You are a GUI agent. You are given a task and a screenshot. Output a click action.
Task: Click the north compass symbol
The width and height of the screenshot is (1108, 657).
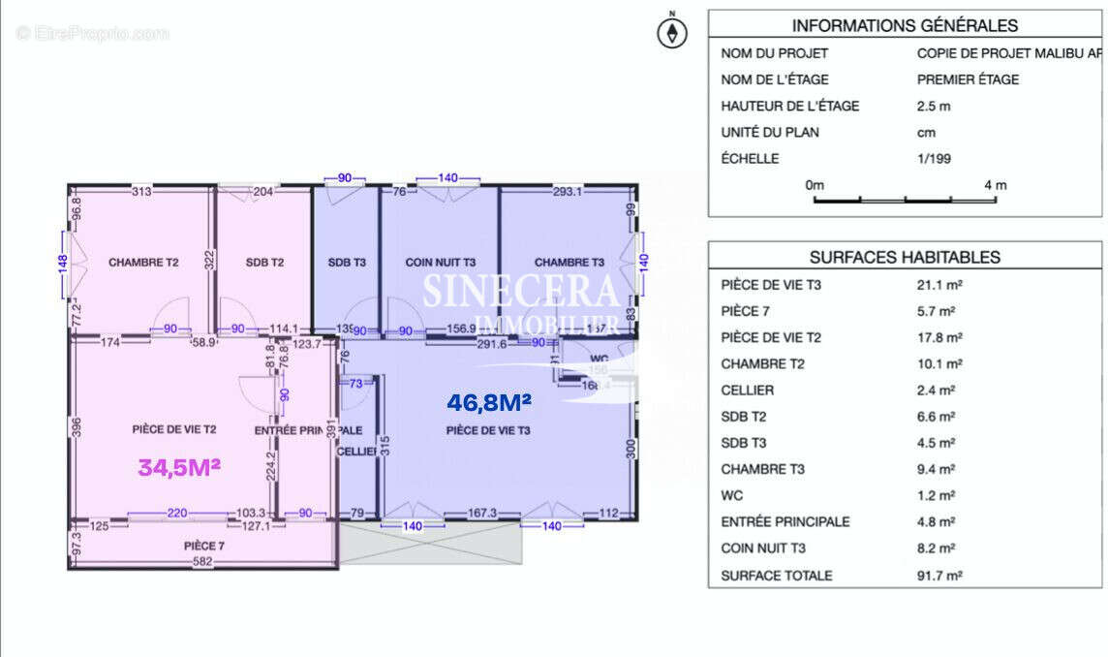pos(672,33)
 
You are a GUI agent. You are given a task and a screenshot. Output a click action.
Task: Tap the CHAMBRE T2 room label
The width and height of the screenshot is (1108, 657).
pos(141,262)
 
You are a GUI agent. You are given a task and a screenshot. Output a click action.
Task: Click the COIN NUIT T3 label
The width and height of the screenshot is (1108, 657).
pos(441,262)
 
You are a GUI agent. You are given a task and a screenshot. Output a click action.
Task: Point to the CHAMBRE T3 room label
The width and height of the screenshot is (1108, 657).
pos(569,262)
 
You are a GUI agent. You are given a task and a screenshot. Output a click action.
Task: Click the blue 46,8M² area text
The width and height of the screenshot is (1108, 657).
pos(489,400)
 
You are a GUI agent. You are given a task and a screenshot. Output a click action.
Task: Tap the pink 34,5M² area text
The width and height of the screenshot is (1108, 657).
pos(179,467)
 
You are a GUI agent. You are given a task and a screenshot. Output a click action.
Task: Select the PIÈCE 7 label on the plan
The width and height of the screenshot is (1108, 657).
pos(204,546)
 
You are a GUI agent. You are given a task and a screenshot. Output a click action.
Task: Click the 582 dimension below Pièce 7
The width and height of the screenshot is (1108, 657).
pos(202,562)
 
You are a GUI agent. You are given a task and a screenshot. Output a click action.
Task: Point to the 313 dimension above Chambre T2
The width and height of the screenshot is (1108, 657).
pos(141,192)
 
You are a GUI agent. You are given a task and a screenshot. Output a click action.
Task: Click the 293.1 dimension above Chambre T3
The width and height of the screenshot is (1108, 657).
pos(568,192)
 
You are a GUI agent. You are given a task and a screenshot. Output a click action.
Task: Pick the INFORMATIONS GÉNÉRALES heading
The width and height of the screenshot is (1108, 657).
pos(905,26)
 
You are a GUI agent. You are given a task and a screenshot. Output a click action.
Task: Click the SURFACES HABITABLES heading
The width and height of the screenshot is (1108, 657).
pos(905,257)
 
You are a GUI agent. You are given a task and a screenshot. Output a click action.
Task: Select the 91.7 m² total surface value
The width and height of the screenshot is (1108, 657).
pos(939,575)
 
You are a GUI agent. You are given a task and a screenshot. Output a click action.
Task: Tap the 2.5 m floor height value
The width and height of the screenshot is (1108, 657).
pos(934,106)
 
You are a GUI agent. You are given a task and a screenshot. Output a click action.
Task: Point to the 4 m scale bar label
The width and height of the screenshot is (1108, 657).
pos(995,184)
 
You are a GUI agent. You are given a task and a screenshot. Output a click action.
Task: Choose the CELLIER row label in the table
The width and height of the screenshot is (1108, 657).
pos(748,391)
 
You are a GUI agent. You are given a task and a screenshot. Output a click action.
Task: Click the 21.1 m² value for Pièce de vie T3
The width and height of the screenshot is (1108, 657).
pos(939,286)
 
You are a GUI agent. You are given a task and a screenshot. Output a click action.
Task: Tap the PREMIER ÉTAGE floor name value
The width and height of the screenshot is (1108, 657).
pos(968,79)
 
